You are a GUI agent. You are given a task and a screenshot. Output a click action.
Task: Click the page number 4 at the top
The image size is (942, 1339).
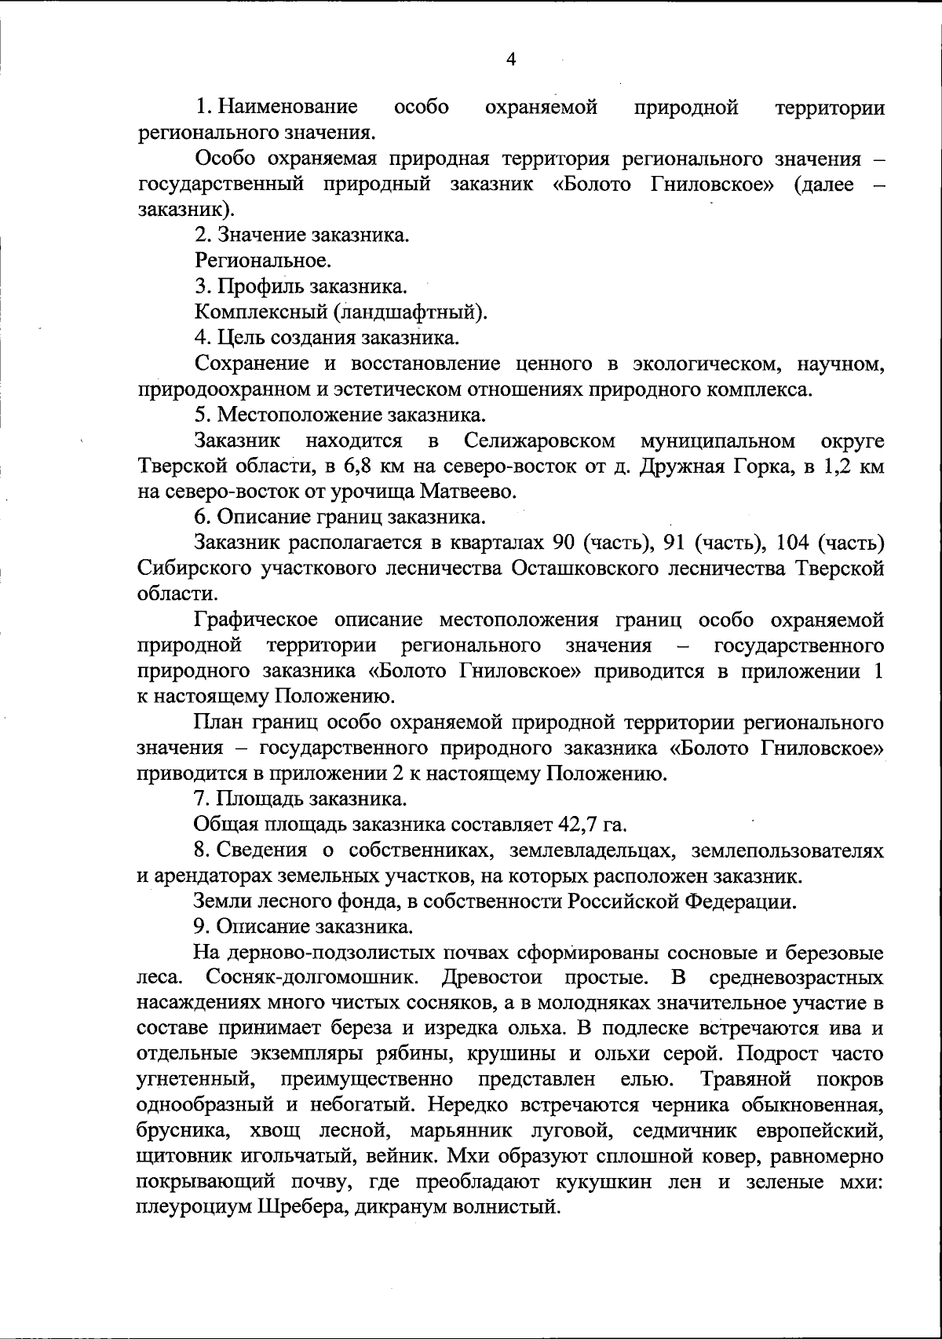tap(511, 60)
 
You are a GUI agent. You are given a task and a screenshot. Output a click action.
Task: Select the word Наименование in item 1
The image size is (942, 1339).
tap(288, 107)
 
